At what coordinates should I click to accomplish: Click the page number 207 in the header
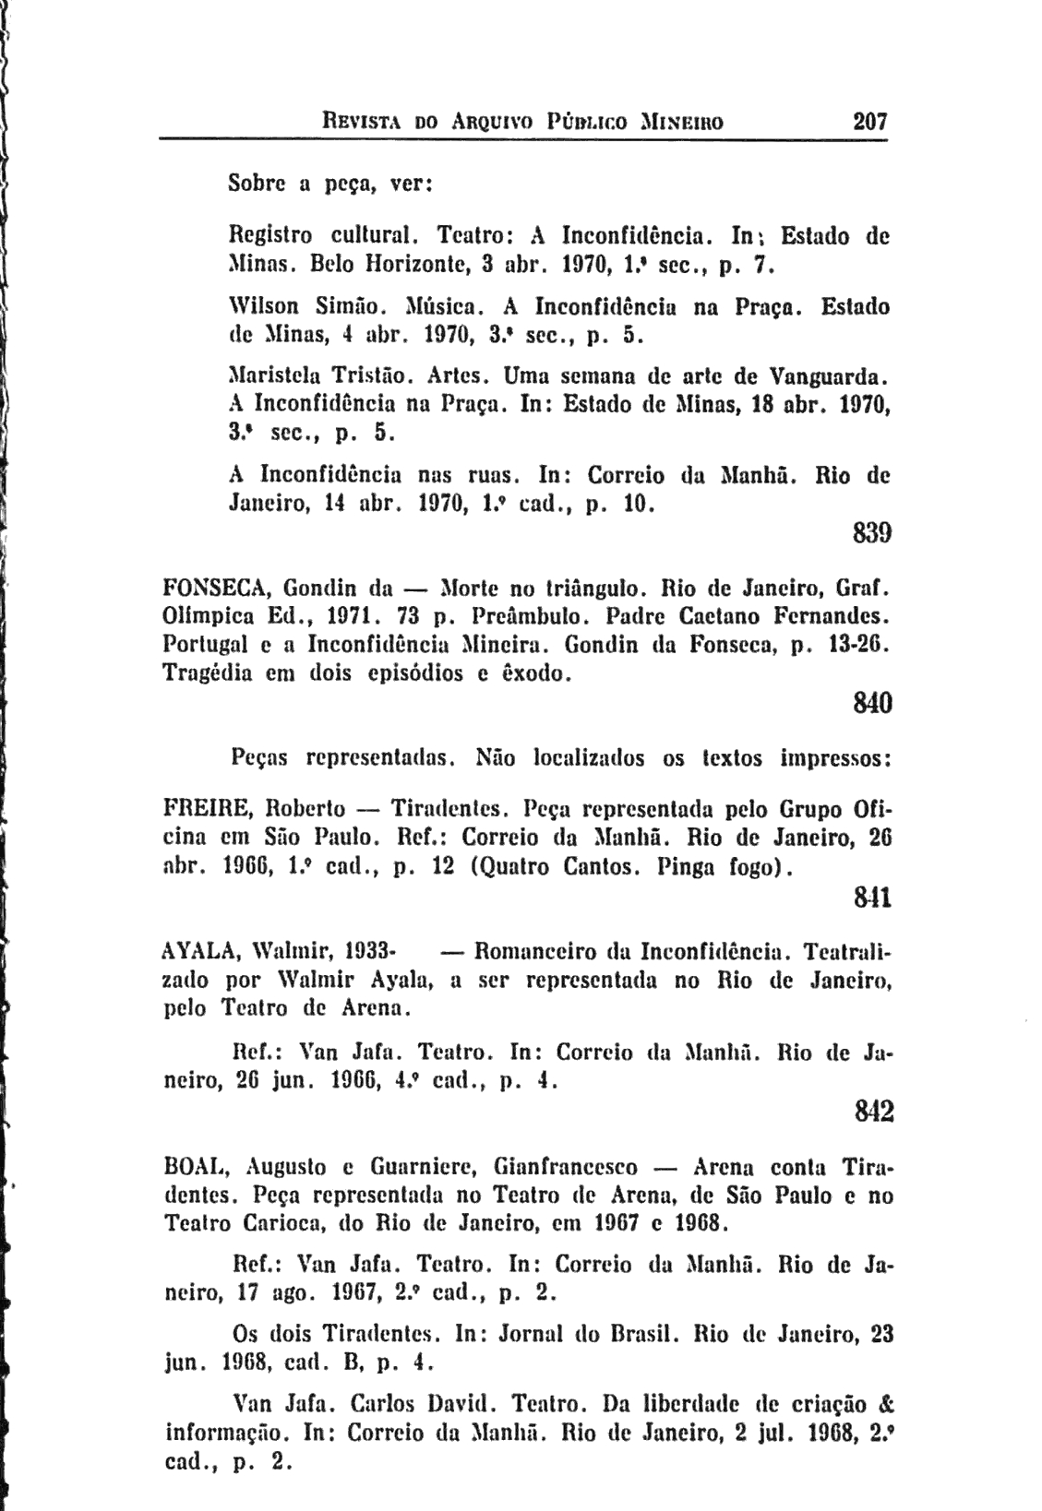tap(870, 121)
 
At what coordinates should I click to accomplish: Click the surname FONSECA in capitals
tap(218, 588)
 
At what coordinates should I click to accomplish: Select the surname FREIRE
tap(208, 809)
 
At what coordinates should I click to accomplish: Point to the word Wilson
tap(260, 304)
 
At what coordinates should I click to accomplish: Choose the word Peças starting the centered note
tap(259, 758)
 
